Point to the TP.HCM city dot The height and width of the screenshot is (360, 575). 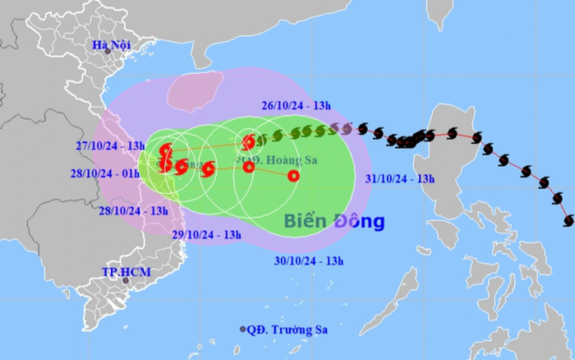pos(126,281)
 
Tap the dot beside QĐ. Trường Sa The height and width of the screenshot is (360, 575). pos(243,330)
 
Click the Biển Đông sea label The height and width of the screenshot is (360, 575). pos(333,222)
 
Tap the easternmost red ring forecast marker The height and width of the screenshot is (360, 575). pos(293,175)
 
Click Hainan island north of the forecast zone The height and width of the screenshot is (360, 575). pos(195,91)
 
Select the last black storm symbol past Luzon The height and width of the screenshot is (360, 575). pos(568,220)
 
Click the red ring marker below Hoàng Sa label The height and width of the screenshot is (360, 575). pos(248,168)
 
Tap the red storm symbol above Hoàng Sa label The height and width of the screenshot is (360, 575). pos(250,141)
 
